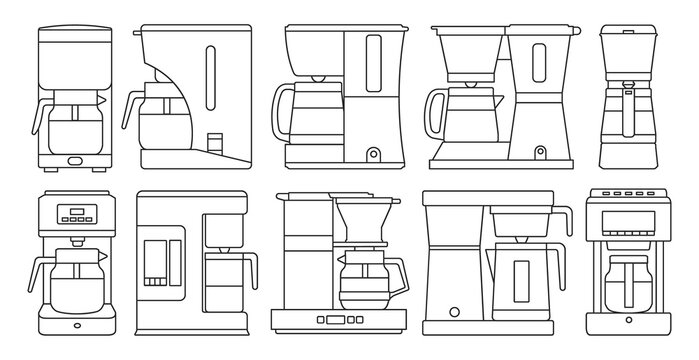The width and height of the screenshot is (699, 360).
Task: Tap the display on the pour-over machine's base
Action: pyautogui.click(x=334, y=320)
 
